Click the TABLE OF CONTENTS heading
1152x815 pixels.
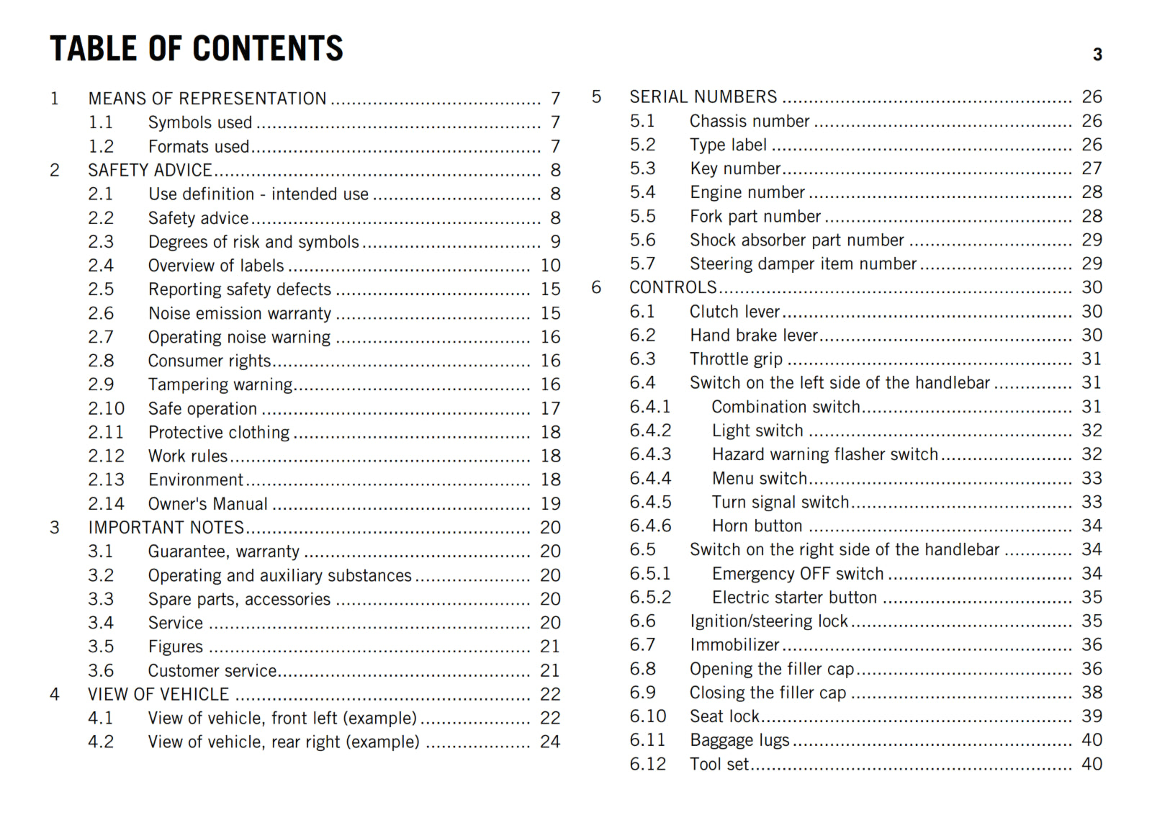tap(196, 49)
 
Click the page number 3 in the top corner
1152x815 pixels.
tap(1097, 55)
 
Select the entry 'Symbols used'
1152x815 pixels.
tap(200, 122)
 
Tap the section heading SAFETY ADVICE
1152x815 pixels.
tap(150, 170)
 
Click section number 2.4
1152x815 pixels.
tap(101, 266)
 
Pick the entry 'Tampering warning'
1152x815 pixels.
tap(220, 384)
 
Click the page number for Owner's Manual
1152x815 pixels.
tap(551, 504)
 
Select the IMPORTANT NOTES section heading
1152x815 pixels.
tap(166, 528)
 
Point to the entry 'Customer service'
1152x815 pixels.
tap(212, 671)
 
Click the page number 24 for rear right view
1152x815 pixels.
tap(550, 742)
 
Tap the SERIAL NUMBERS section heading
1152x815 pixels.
tap(703, 97)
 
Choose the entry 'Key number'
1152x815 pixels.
tap(735, 168)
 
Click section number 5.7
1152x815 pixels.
tap(643, 264)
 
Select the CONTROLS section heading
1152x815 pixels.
tap(673, 287)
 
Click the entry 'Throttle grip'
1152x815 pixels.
tap(736, 359)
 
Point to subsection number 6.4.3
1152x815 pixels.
tap(650, 454)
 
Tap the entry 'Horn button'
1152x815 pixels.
tap(757, 526)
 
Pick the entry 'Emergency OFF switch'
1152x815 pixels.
tap(798, 574)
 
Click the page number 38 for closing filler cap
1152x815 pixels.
tap(1092, 693)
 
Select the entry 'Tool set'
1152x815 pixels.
tap(719, 765)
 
